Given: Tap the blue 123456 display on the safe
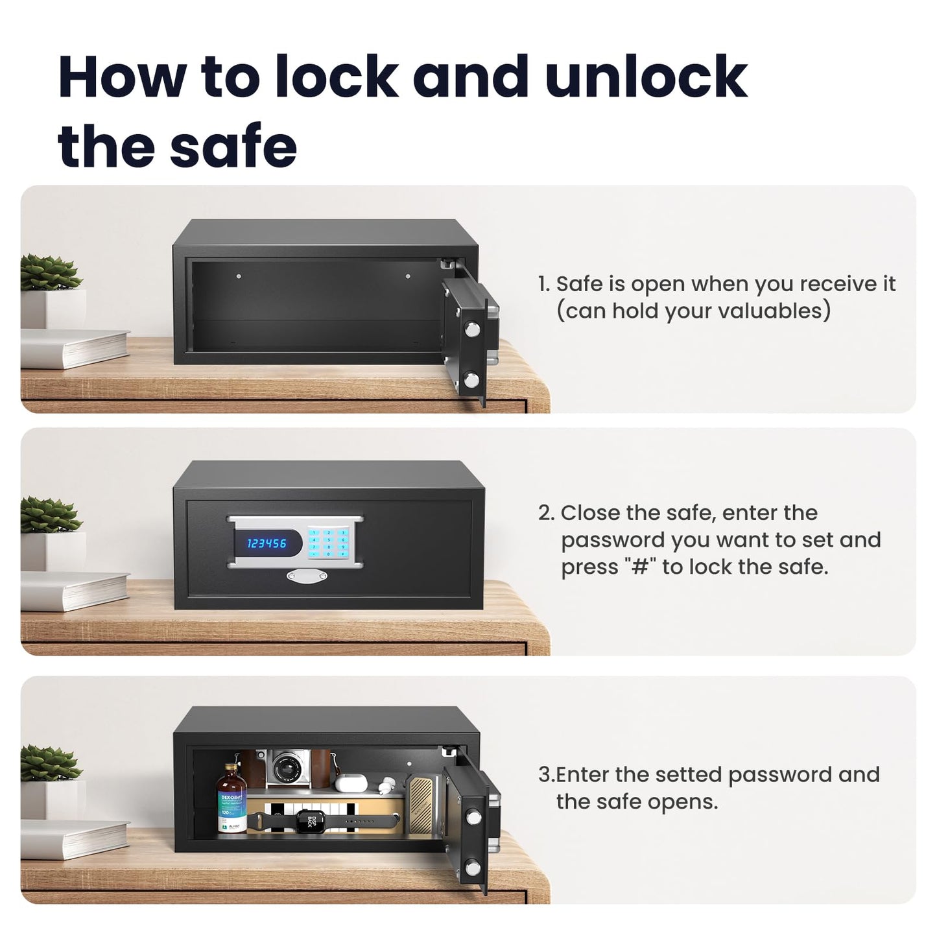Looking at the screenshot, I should [x=267, y=543].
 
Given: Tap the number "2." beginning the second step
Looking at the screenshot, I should [x=547, y=513].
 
